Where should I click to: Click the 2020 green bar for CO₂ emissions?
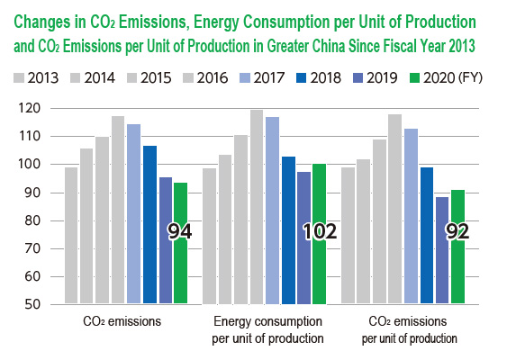[180, 243]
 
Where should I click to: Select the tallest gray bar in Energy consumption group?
[257, 207]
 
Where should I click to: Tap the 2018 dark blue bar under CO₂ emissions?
[149, 225]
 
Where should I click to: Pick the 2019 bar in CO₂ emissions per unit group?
[442, 250]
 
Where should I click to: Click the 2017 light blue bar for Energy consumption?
[272, 211]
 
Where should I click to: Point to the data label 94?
[180, 231]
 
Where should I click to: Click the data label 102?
[320, 231]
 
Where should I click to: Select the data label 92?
[457, 231]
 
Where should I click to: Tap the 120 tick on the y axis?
[30, 108]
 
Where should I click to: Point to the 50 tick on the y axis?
[32, 304]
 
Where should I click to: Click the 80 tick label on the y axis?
[32, 220]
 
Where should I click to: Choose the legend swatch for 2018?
[301, 78]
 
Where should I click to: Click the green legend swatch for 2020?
[414, 78]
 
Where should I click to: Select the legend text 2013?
[42, 78]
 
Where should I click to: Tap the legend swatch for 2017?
[245, 78]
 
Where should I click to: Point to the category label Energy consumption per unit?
[267, 330]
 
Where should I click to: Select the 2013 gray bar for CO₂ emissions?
[71, 235]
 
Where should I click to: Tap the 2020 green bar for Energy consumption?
[320, 234]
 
